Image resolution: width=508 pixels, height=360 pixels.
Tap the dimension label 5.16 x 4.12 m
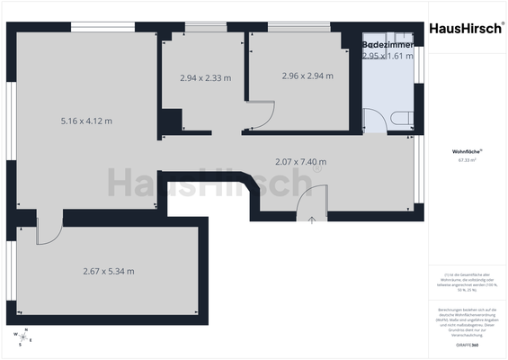click(86, 120)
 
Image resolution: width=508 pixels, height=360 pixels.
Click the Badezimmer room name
click(388, 44)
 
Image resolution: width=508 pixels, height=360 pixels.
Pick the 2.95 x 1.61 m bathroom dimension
click(388, 56)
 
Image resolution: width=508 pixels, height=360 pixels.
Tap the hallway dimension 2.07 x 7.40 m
click(300, 162)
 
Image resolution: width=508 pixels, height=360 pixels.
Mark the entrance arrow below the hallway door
click(311, 220)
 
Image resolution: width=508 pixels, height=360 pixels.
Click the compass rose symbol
click(23, 337)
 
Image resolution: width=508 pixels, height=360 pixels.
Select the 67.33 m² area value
click(467, 160)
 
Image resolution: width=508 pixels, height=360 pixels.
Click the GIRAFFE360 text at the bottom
click(467, 345)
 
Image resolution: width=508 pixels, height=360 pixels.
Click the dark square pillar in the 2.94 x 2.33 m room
click(171, 119)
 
